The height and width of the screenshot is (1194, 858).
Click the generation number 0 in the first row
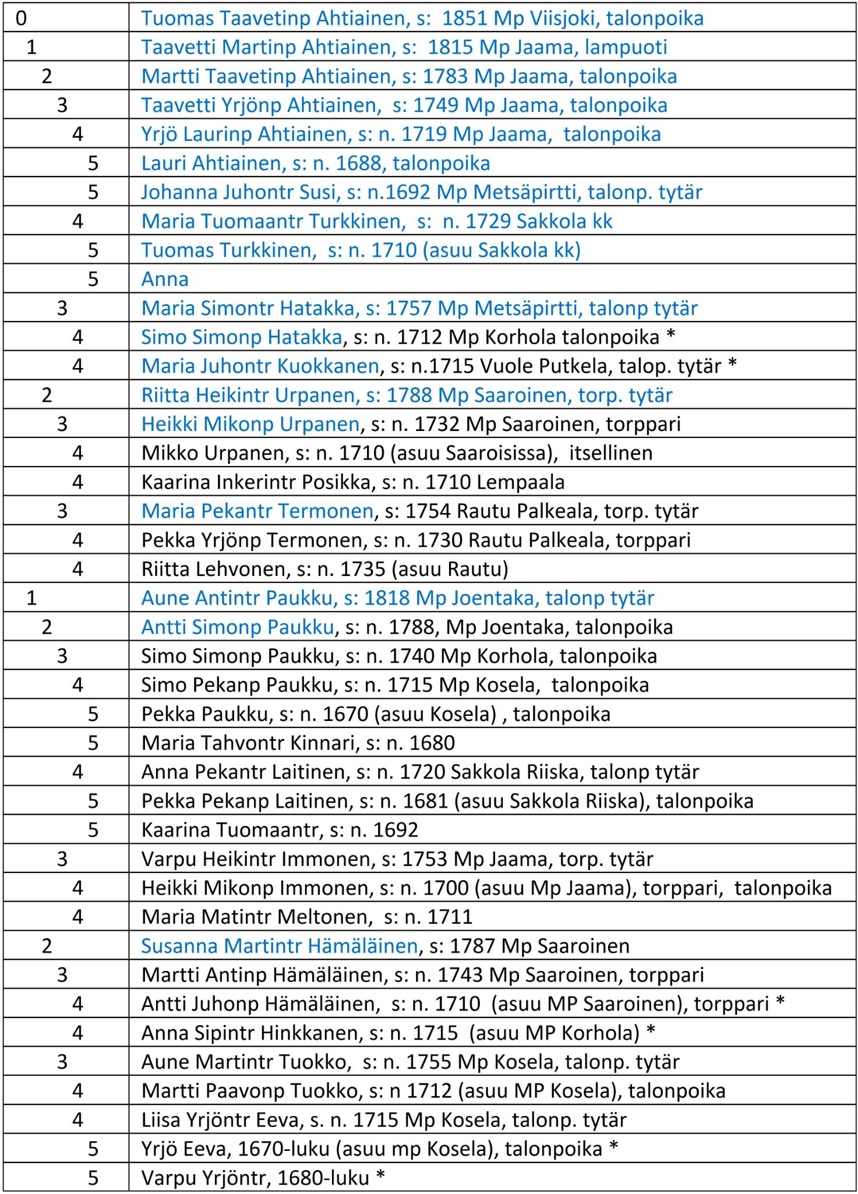coord(21,19)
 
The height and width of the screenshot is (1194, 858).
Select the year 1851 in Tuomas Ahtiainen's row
coord(465,19)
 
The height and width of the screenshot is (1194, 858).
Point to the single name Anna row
coord(165,280)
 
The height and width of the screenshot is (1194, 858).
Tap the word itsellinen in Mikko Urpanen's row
coord(610,453)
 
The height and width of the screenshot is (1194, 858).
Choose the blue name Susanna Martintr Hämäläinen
coord(280,946)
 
